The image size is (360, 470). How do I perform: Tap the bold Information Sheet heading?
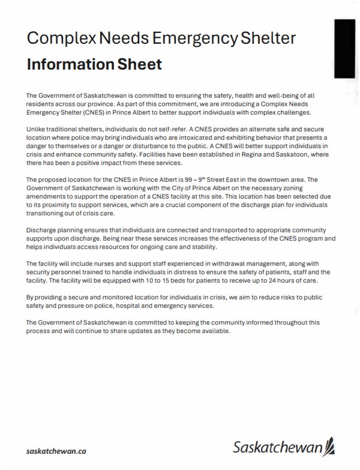click(94, 64)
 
